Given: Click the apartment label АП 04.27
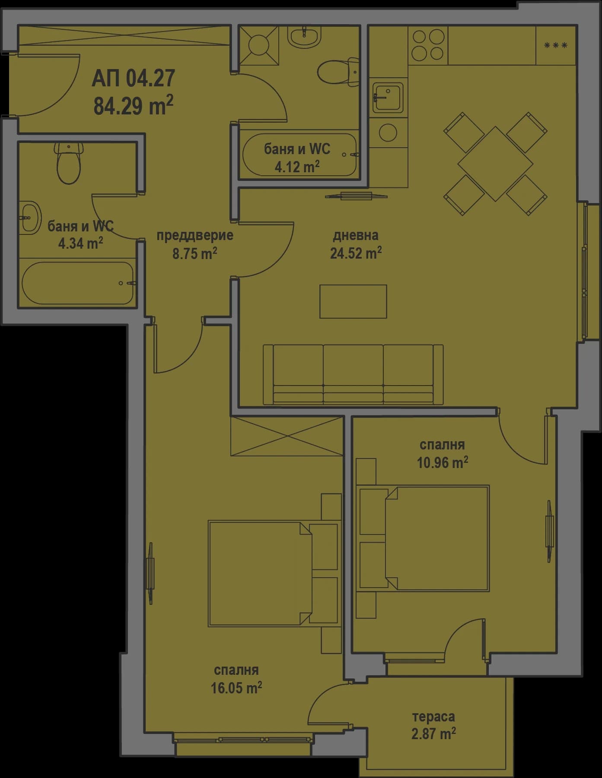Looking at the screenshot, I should click(133, 79).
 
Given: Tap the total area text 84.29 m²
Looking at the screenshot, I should click(133, 105).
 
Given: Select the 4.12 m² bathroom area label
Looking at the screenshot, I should click(297, 166).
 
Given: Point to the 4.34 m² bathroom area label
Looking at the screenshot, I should click(80, 243).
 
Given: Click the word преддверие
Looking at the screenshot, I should click(194, 235).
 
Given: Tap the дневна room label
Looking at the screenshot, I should click(355, 235).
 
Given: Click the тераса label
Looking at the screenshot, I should click(433, 717).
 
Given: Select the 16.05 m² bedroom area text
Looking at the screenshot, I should click(236, 687).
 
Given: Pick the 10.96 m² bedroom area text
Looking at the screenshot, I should click(442, 462).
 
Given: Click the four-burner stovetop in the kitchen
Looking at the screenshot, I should click(427, 44).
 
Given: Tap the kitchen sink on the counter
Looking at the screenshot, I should click(388, 98).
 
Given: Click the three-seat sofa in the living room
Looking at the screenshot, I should click(353, 374).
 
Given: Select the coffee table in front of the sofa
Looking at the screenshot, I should click(353, 301).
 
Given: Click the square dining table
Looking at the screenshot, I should click(495, 164).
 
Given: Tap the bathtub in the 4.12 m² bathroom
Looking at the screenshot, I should click(299, 155).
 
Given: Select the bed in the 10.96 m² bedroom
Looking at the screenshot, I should click(436, 538).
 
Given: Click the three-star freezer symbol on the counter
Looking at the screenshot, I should click(555, 45).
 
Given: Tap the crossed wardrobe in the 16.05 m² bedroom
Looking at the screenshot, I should click(287, 436).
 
